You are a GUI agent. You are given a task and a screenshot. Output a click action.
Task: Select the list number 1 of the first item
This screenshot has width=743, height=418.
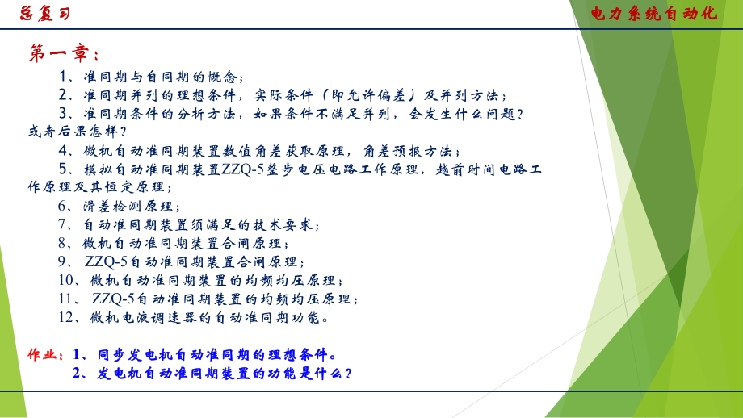(x=65, y=77)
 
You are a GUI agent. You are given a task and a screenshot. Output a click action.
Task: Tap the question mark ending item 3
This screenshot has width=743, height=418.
(x=519, y=114)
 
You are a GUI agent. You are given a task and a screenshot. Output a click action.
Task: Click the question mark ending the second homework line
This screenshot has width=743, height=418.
(x=348, y=374)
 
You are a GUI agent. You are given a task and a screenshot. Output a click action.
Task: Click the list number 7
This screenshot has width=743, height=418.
(x=64, y=224)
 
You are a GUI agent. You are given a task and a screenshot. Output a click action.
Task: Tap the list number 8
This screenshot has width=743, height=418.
(x=64, y=243)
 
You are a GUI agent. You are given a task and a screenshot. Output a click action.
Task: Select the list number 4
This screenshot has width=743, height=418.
(x=65, y=150)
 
